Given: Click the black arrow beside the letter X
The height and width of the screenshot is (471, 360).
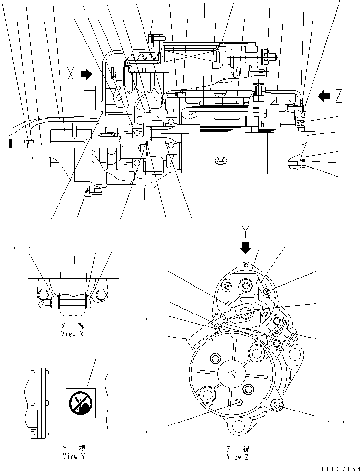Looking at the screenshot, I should pyautogui.click(x=86, y=74).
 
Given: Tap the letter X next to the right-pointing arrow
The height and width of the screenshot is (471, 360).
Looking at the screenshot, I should pyautogui.click(x=71, y=74).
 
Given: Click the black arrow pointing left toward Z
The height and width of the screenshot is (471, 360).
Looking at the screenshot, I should pyautogui.click(x=324, y=97).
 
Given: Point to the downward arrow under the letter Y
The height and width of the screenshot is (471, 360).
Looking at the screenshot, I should pyautogui.click(x=246, y=247).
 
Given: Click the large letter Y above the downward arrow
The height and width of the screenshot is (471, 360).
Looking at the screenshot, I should pyautogui.click(x=246, y=232).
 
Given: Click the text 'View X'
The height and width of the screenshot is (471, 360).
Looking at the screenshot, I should pyautogui.click(x=73, y=334).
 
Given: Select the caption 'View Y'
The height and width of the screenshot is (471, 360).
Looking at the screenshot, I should pyautogui.click(x=74, y=457).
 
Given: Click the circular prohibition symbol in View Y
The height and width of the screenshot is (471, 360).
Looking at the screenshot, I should pyautogui.click(x=78, y=403).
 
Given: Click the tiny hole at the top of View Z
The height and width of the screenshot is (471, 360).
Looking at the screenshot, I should pyautogui.click(x=245, y=265).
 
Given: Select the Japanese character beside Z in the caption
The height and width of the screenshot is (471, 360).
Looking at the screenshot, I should pyautogui.click(x=246, y=449).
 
